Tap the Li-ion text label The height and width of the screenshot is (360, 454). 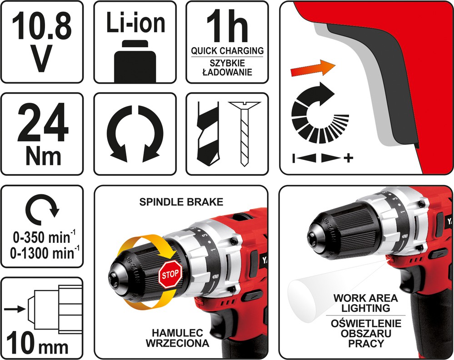coord(135,22)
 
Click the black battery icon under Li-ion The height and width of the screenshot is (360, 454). coord(135,62)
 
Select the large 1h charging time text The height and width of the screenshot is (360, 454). coord(228,26)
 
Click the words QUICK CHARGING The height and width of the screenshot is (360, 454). coord(227,51)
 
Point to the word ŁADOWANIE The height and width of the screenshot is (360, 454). coord(227,72)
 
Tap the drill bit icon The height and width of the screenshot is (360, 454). coord(207,134)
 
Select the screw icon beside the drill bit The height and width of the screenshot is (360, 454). coord(244,134)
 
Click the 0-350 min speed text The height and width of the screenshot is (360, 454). coord(44,237)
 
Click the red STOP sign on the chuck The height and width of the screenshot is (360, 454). coord(170,274)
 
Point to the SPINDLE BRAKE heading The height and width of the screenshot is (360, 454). coord(181,202)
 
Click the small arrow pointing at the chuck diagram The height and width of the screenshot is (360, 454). coord(15,309)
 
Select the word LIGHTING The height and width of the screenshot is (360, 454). coord(366,308)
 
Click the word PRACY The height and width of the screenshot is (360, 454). coord(366,343)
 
